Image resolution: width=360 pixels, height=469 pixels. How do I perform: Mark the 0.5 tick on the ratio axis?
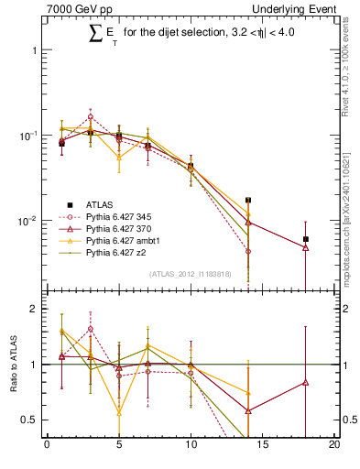tap(33, 420)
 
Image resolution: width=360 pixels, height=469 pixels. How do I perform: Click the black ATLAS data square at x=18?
tap(306, 239)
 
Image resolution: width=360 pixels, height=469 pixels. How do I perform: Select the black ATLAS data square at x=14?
tap(248, 200)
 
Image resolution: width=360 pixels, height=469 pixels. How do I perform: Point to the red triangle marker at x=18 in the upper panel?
tap(306, 247)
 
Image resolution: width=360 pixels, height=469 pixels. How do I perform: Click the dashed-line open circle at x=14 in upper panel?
tap(248, 251)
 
